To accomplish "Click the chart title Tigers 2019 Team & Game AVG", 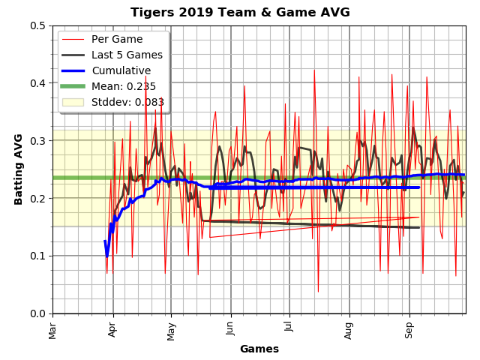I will (x=240, y=12).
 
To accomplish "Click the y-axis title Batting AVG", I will (x=19, y=169).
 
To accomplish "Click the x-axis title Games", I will (x=259, y=349).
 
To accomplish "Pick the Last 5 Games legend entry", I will (x=127, y=55).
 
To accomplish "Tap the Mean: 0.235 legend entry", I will (x=124, y=86).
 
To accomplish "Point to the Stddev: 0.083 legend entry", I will (x=127, y=102).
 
